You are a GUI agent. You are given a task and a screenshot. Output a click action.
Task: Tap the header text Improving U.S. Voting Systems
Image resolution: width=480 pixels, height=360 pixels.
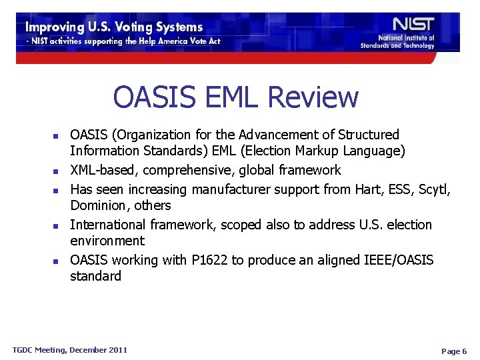pyautogui.click(x=114, y=27)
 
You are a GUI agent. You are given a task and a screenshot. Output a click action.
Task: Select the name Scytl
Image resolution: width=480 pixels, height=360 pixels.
pyautogui.click(x=434, y=189)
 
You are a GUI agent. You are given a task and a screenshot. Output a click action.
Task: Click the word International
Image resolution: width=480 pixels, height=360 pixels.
pyautogui.click(x=108, y=225)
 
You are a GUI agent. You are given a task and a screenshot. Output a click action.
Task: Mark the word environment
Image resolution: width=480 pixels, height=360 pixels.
pyautogui.click(x=107, y=241)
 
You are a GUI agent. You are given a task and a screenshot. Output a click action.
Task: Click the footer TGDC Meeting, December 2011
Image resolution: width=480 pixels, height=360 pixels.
pyautogui.click(x=70, y=349)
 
